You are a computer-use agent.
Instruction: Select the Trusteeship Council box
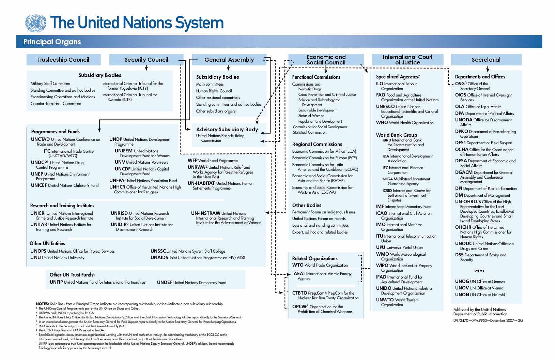click(63, 60)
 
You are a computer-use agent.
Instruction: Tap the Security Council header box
click(146, 60)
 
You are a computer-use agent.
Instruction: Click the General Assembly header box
click(229, 60)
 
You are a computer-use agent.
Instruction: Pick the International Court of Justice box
click(407, 60)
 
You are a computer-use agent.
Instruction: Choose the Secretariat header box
click(486, 60)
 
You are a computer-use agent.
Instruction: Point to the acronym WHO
click(382, 123)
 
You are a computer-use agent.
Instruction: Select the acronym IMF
click(380, 207)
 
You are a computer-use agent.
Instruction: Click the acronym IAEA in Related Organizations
click(297, 274)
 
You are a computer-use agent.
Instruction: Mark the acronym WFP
click(192, 161)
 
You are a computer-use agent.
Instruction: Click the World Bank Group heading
click(396, 135)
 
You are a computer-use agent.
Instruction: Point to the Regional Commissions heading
click(317, 144)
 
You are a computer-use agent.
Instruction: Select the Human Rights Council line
click(214, 91)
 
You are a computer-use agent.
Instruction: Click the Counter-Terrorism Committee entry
click(56, 104)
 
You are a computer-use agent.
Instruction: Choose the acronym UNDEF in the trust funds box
click(165, 283)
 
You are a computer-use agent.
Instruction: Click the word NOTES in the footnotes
click(42, 304)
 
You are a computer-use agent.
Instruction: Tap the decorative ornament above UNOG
click(479, 271)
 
